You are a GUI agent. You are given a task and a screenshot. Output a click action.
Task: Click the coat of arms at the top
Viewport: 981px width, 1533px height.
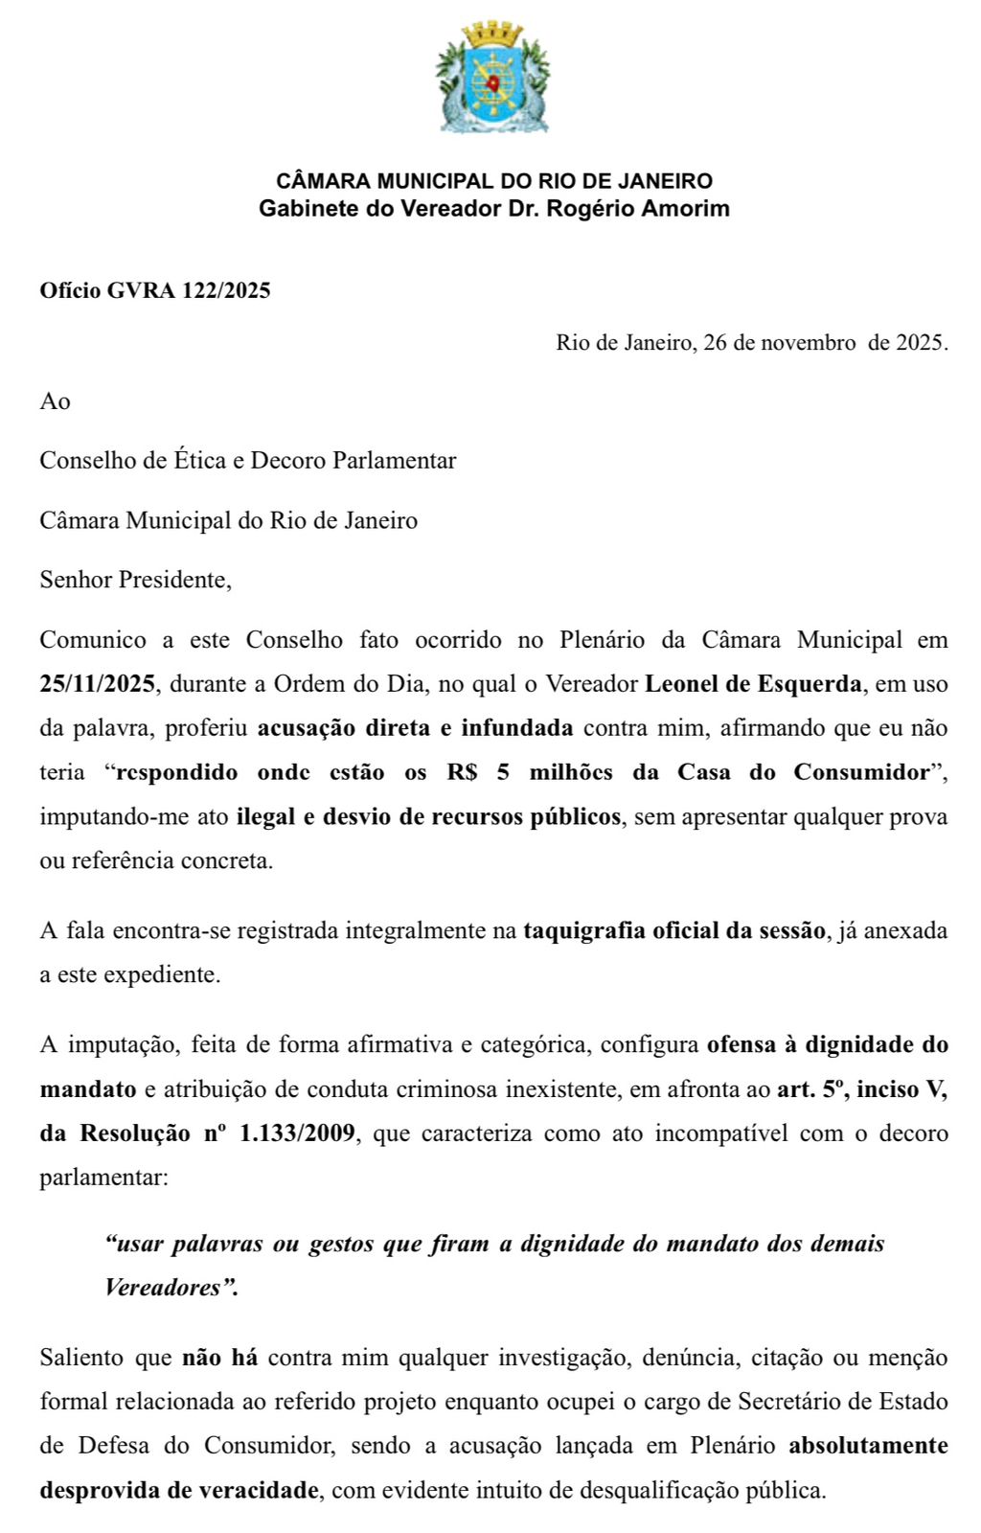click(x=492, y=79)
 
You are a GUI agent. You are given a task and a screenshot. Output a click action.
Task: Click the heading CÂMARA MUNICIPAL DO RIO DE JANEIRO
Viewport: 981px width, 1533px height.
click(x=494, y=181)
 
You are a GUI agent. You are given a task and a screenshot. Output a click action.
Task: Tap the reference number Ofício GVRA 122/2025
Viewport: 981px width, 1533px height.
click(x=155, y=290)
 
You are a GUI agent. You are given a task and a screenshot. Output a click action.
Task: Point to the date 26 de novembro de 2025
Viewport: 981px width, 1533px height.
click(x=825, y=343)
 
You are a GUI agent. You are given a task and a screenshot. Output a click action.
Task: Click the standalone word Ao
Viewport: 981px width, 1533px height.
click(x=55, y=401)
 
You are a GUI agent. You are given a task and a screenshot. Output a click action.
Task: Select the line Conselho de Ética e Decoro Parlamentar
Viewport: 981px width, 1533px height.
click(x=248, y=461)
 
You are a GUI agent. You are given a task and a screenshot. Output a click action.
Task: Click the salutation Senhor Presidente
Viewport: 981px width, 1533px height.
click(x=134, y=580)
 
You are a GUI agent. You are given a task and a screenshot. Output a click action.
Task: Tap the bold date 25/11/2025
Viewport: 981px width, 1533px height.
click(x=98, y=684)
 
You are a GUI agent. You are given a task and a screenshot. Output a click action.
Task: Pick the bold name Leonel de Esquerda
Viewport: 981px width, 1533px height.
click(x=753, y=684)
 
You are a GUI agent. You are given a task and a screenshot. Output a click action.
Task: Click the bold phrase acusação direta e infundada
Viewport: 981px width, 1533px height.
click(x=415, y=728)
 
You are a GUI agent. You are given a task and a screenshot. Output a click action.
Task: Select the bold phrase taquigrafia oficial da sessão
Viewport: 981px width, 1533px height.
click(x=673, y=930)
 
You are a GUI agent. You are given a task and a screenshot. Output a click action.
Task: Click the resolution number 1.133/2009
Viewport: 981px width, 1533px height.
click(x=297, y=1133)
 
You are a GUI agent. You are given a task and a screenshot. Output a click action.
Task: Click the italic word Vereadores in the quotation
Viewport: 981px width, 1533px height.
click(x=164, y=1288)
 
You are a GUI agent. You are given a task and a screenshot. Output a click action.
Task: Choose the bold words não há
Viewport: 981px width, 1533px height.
click(x=219, y=1358)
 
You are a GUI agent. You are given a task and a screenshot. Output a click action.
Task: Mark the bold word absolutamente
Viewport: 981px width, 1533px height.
click(x=868, y=1446)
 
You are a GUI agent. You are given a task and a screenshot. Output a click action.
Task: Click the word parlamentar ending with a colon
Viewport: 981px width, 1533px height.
click(x=103, y=1177)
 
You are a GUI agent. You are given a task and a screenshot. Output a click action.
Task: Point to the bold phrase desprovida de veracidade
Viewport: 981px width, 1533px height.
click(x=179, y=1490)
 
